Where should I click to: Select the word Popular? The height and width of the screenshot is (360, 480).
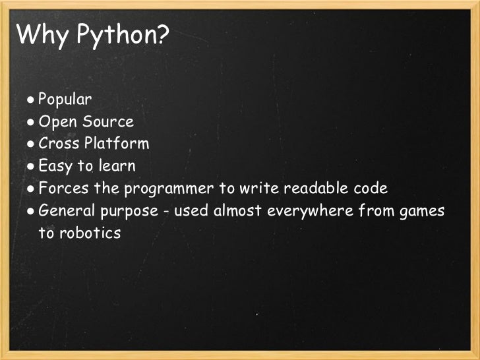(x=65, y=100)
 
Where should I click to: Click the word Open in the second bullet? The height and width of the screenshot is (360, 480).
(x=57, y=122)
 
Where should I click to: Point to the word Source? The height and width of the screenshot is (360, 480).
(x=108, y=122)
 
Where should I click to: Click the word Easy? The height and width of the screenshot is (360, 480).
(x=57, y=166)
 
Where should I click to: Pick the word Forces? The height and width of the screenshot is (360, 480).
(x=62, y=189)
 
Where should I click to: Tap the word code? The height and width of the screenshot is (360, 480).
(x=371, y=189)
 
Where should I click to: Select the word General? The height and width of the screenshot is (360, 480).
(x=66, y=211)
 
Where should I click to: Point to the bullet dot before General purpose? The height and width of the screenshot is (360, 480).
(x=31, y=212)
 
